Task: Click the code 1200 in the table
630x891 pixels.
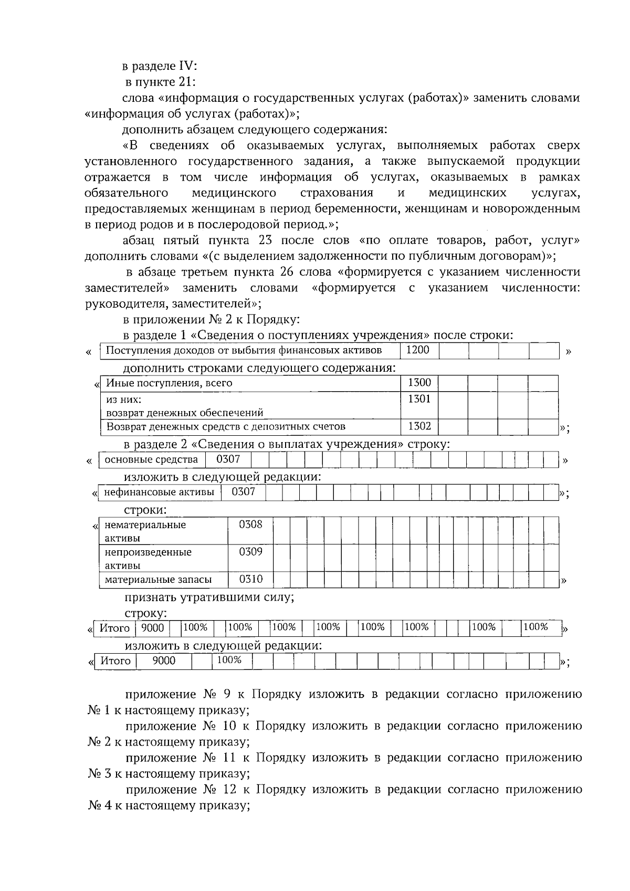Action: click(418, 350)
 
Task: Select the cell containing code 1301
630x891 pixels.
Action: click(419, 399)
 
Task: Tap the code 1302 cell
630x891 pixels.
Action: click(419, 426)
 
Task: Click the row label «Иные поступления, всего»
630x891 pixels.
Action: click(169, 383)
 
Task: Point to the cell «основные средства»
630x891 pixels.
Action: click(151, 460)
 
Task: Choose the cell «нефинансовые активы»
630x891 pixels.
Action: click(159, 492)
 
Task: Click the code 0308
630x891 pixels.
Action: click(250, 525)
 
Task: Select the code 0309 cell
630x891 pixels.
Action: click(250, 552)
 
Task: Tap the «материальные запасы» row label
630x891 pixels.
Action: click(158, 580)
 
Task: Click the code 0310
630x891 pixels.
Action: click(250, 580)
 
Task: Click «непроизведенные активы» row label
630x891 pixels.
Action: click(148, 559)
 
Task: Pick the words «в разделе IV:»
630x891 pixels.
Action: click(160, 66)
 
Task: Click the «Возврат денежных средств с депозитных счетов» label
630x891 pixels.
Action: click(226, 426)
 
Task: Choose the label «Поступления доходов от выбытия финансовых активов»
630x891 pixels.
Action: click(244, 351)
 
